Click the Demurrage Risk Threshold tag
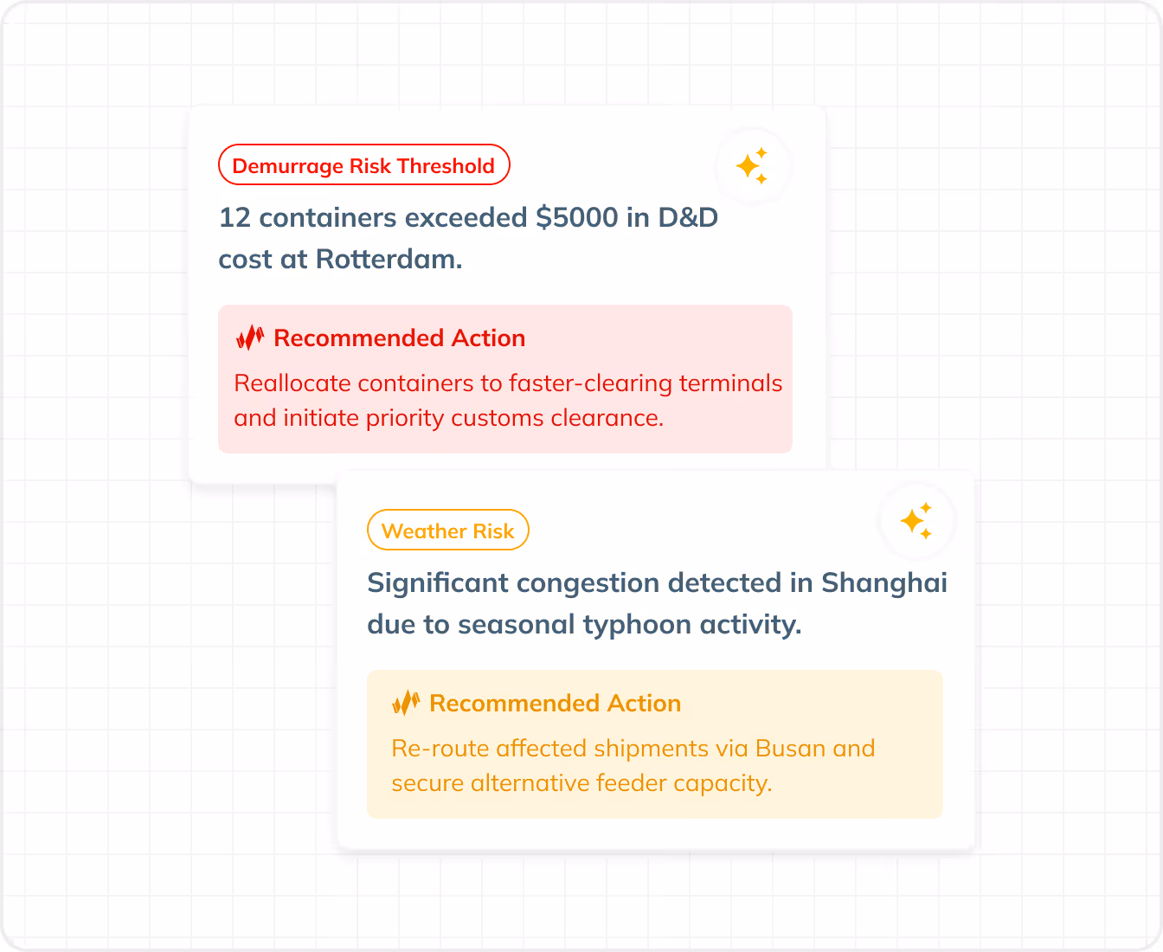tap(363, 165)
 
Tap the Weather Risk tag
tap(447, 531)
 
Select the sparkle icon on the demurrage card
tap(752, 165)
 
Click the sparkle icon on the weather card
tap(916, 521)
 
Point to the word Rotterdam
tap(389, 259)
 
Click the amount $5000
tap(576, 217)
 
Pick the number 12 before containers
tap(235, 217)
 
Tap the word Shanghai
tap(883, 582)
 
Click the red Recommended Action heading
tap(399, 338)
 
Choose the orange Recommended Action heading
tap(555, 703)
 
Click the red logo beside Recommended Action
tap(249, 338)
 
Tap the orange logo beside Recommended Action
tap(405, 703)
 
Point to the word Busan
tap(789, 748)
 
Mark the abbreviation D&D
tap(688, 217)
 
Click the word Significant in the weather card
tap(438, 582)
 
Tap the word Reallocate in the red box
tap(292, 383)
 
